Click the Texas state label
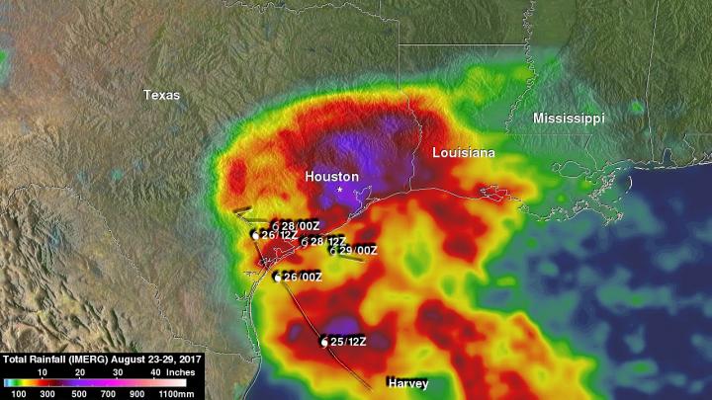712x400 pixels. pos(162,95)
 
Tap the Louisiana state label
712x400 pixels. pos(464,153)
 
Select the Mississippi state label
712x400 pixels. pos(569,118)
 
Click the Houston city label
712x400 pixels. pos(331,175)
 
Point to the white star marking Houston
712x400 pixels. pos(340,190)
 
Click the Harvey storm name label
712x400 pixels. pos(407,381)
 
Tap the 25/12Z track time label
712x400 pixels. pos(349,341)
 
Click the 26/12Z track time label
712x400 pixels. pos(279,235)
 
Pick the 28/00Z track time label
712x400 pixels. pos(299,225)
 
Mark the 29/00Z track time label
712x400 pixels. pos(358,250)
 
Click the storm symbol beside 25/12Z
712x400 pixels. pos(323,342)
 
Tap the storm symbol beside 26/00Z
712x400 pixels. pos(278,278)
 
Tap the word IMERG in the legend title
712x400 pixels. pos(85,360)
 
